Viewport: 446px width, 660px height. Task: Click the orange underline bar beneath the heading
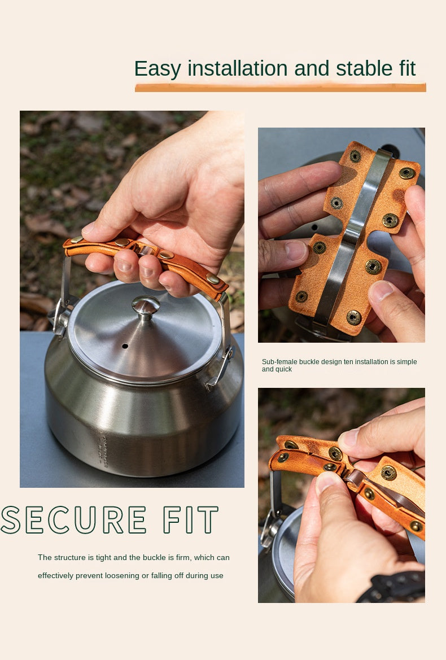280,87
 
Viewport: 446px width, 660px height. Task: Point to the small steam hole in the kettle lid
125,346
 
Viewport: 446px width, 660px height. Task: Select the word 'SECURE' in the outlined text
74,521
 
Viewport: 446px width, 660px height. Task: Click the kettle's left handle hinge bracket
60,316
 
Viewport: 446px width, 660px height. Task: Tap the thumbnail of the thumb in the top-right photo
382,291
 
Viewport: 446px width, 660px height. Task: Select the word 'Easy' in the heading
157,69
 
